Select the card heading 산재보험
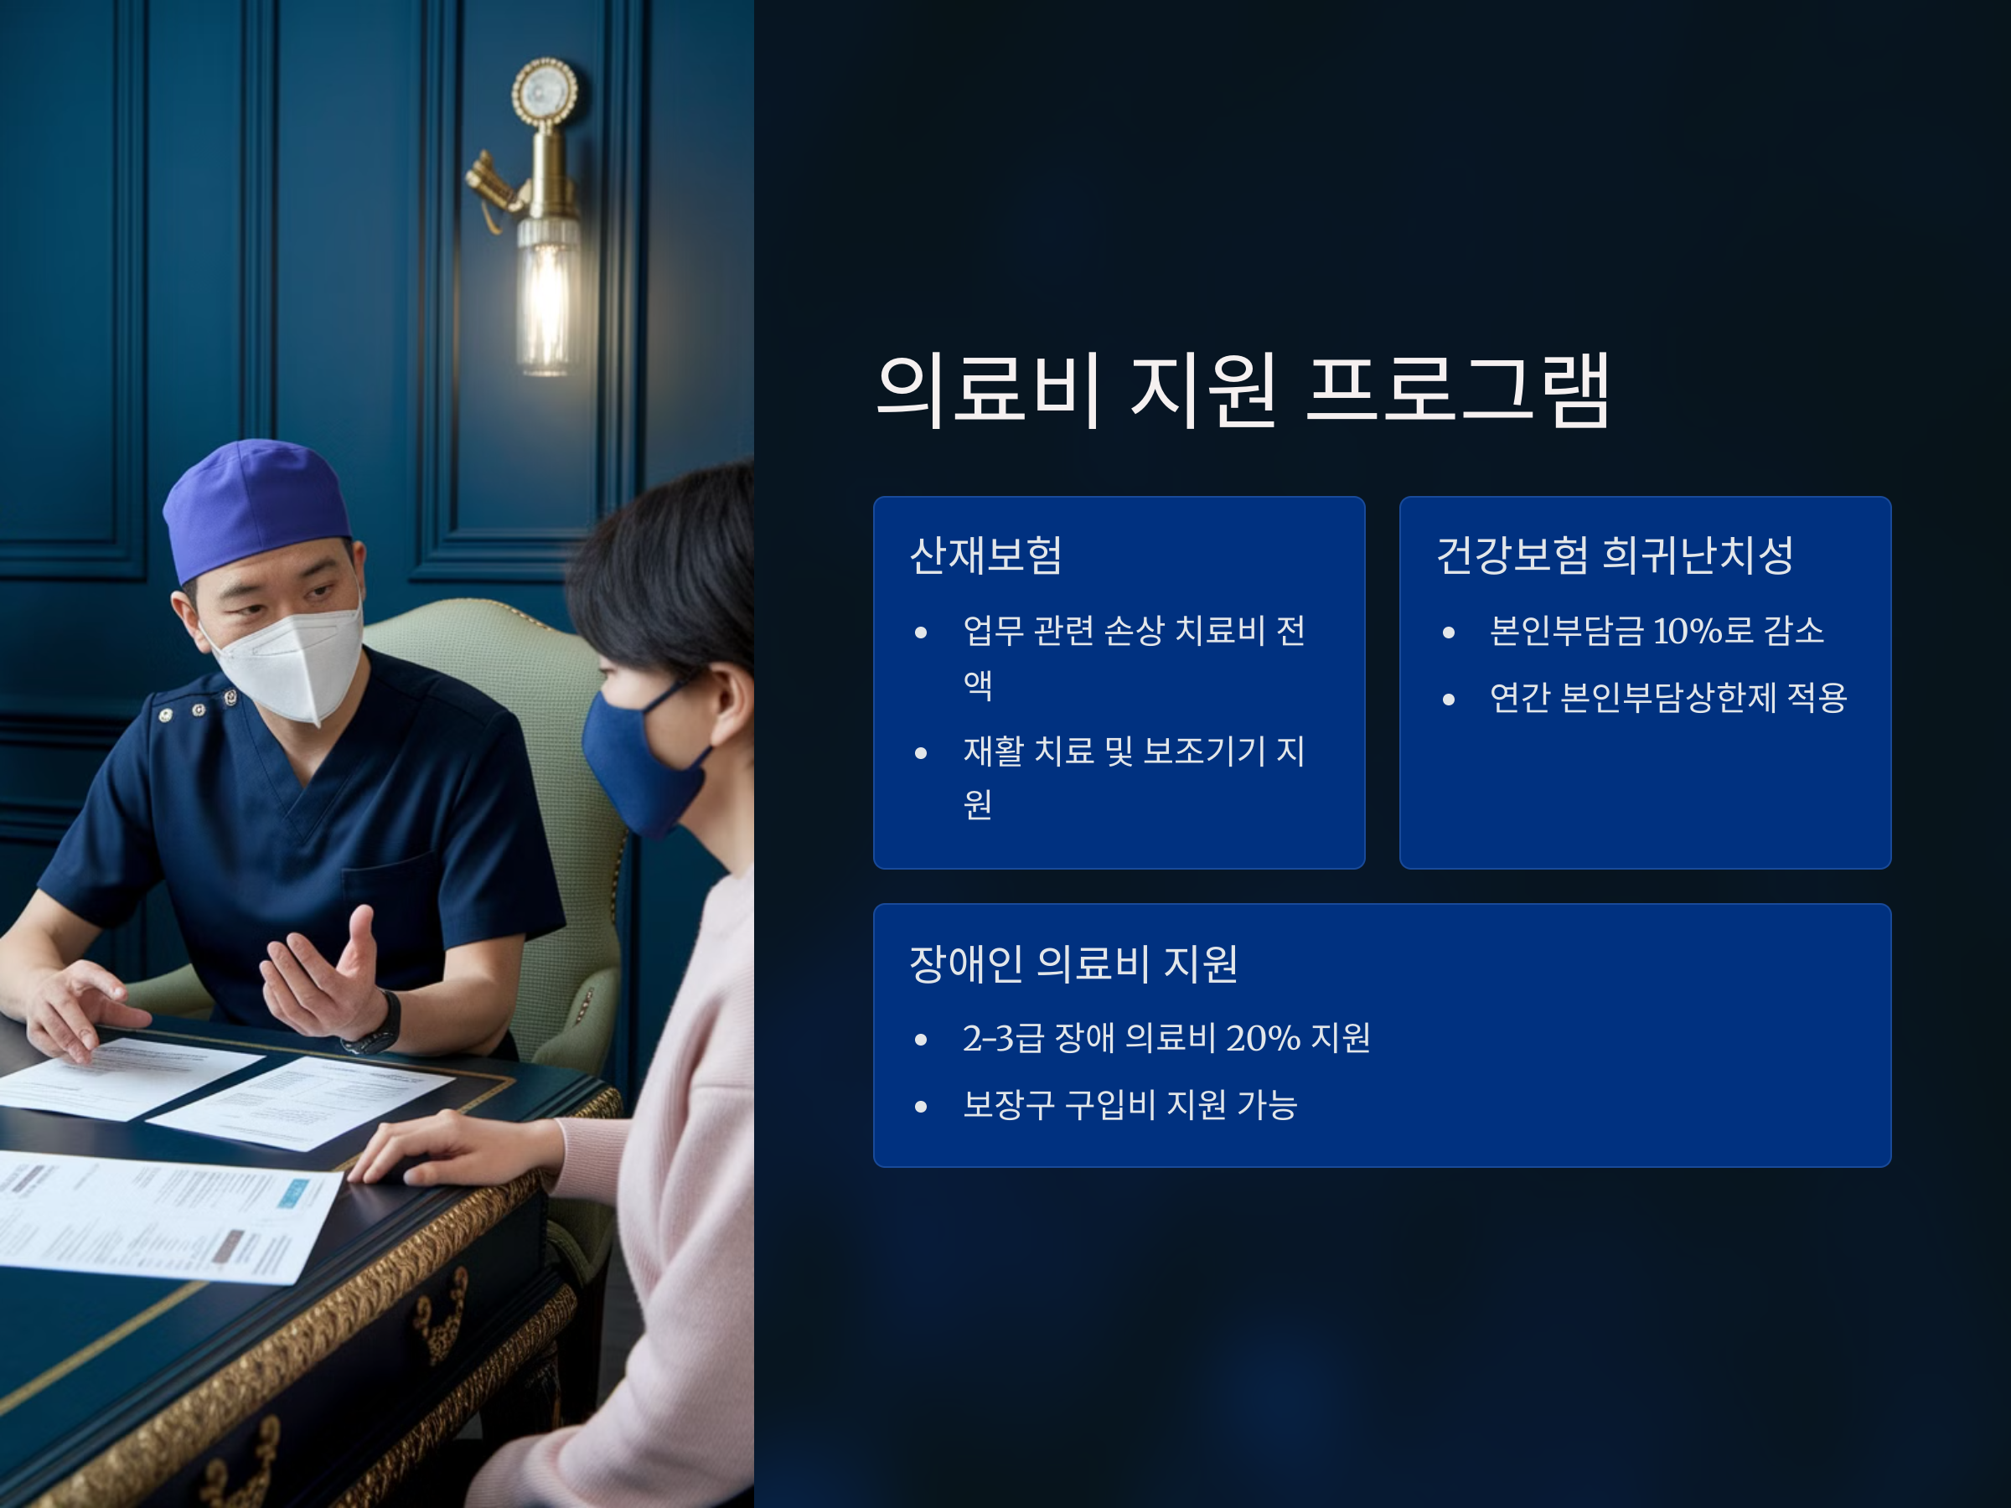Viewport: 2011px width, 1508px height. [x=985, y=555]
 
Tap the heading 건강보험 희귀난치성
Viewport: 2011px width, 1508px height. [x=1615, y=555]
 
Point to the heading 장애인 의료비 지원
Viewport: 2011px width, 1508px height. [x=1073, y=963]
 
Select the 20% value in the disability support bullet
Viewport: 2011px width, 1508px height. [x=1263, y=1037]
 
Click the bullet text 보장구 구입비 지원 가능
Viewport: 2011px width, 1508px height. [x=1130, y=1104]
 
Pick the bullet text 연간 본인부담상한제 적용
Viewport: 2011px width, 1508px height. [x=1668, y=697]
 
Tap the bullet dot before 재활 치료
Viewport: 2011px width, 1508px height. [x=921, y=752]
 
